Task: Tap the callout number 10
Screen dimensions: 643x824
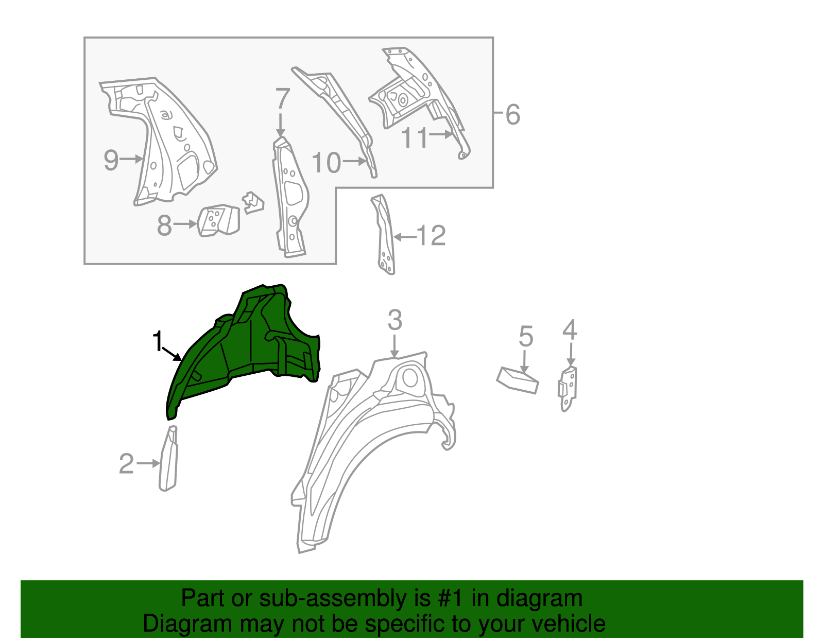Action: click(327, 163)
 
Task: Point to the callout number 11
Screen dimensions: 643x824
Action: click(415, 138)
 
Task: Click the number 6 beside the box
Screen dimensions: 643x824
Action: click(512, 114)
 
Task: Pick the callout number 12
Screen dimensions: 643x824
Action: click(431, 236)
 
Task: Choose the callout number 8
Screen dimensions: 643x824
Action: click(164, 225)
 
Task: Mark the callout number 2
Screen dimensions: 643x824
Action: click(126, 464)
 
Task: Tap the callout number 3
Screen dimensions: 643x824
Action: click(394, 320)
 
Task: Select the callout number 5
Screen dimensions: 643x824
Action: click(525, 336)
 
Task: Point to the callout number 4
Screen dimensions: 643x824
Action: click(570, 329)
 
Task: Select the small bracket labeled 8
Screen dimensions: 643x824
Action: click(219, 221)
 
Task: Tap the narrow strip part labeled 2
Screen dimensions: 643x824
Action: click(168, 461)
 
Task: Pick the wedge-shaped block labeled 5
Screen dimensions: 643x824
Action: click(518, 380)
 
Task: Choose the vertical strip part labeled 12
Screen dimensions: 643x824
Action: click(385, 237)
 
